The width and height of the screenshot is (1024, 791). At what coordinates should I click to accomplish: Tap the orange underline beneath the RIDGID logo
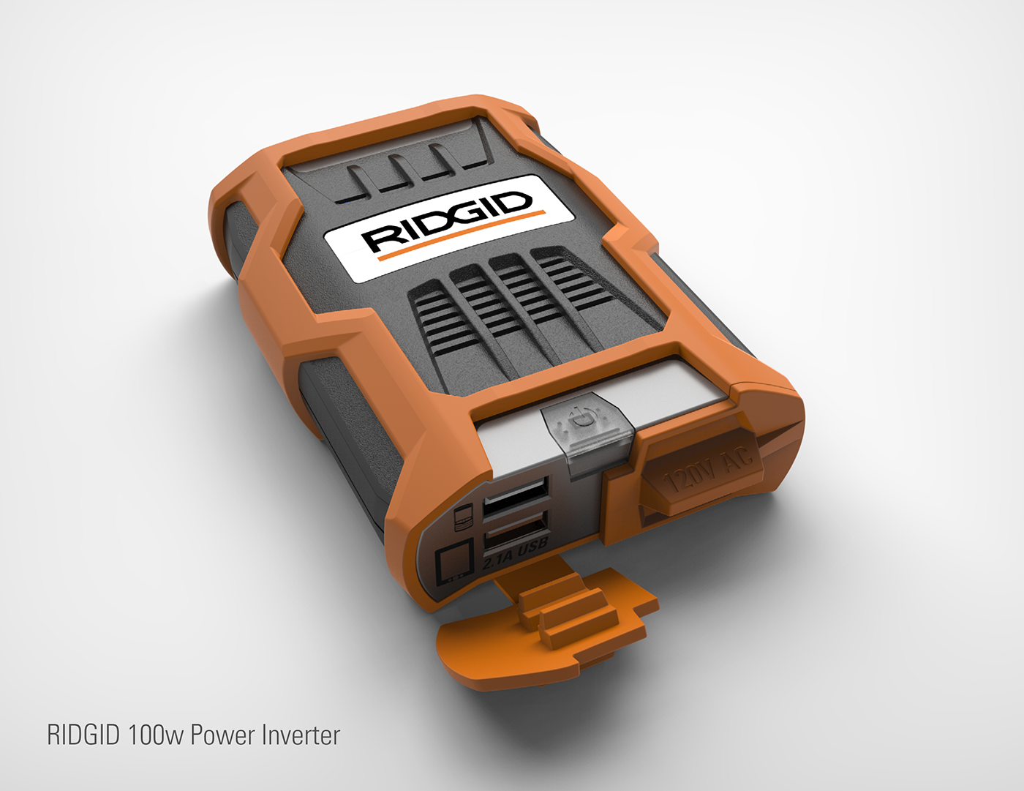coord(461,233)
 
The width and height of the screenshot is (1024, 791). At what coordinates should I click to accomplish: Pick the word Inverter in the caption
coord(301,735)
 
